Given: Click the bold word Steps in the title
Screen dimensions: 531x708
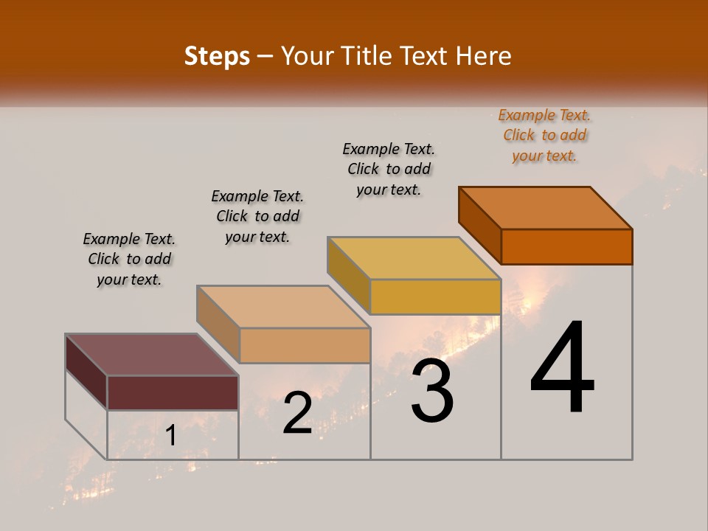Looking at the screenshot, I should (217, 56).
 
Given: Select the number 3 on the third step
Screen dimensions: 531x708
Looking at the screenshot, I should (432, 391).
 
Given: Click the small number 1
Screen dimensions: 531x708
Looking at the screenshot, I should (170, 436).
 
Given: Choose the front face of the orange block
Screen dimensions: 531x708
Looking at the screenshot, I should (566, 246).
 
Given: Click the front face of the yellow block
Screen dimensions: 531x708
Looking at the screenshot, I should (435, 296).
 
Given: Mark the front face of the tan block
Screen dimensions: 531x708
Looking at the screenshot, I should (305, 345).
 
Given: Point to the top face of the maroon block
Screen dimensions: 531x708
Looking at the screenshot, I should (151, 354).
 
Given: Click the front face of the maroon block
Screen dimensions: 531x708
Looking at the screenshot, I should (173, 392).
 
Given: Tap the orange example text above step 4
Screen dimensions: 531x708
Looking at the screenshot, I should (544, 135).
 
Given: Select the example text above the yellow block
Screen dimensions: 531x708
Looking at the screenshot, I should (389, 169).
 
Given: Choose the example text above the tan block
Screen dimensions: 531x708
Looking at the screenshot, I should (257, 216).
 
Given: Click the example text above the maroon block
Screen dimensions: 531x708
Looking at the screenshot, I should (129, 259).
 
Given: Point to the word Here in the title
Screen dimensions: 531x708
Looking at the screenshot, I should (484, 56).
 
